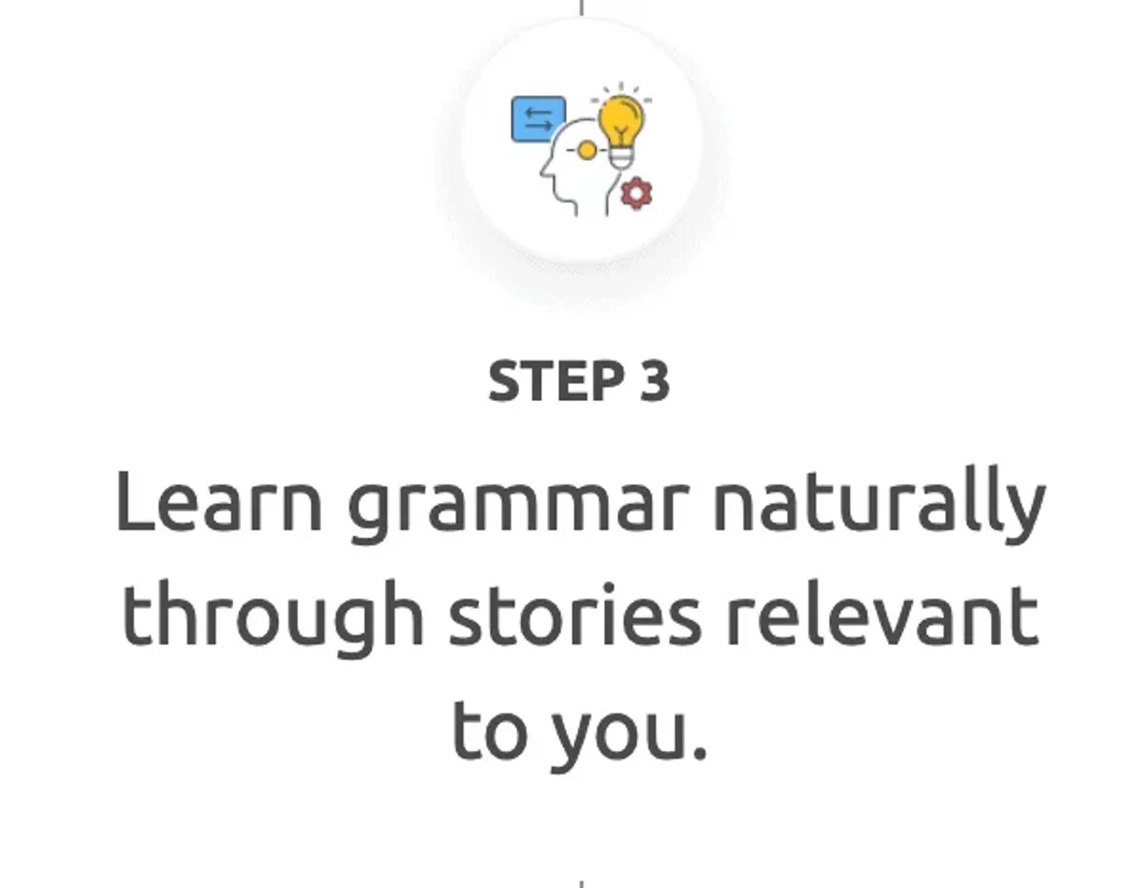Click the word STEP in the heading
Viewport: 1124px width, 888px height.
(556, 381)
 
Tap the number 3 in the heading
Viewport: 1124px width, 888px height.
(655, 381)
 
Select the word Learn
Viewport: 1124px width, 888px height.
(219, 501)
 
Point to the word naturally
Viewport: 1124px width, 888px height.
(880, 505)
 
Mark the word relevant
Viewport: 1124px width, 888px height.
(882, 614)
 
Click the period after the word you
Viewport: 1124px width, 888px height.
(699, 751)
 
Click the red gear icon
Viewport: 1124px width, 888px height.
(636, 194)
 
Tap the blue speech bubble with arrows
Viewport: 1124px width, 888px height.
(538, 119)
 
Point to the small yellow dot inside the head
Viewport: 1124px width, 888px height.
(587, 151)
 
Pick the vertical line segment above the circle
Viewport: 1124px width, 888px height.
(582, 7)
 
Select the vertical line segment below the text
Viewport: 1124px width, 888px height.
(582, 884)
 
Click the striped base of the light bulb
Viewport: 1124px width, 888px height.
(622, 157)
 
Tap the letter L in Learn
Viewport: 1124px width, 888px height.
(136, 501)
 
